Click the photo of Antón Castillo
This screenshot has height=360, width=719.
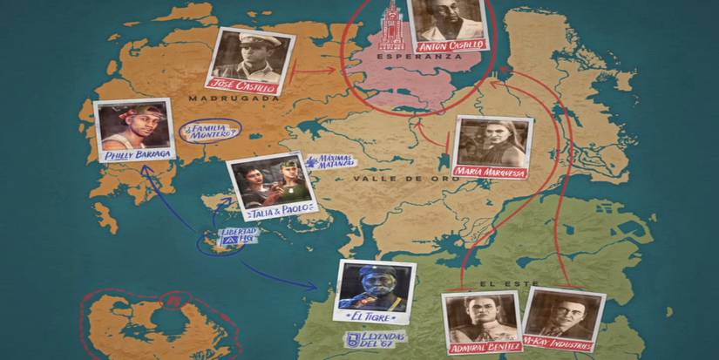[447, 19]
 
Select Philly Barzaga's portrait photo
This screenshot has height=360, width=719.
[132, 126]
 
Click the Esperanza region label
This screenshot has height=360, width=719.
[407, 56]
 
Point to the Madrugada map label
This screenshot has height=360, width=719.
[234, 98]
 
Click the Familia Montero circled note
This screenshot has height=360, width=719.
[209, 132]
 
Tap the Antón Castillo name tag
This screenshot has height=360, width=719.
[450, 44]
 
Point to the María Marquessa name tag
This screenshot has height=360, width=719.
[493, 173]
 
